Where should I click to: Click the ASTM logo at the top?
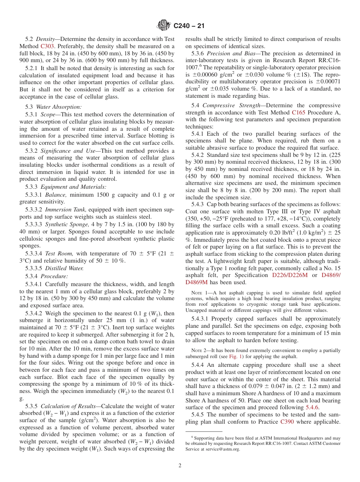164,26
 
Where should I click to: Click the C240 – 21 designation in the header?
189,26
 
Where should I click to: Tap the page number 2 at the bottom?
180,465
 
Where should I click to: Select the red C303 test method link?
47,46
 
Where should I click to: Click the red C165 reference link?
299,113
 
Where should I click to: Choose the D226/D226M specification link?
290,275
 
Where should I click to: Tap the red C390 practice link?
288,422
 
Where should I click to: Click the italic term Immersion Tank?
62,210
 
